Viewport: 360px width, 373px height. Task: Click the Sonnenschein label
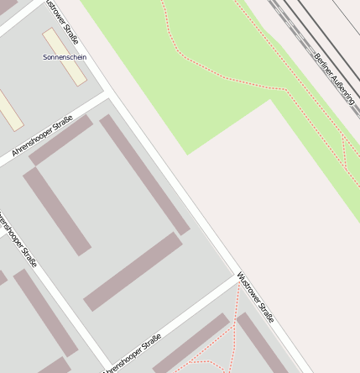pyautogui.click(x=65, y=57)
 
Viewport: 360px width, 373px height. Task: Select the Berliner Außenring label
pyautogui.click(x=334, y=79)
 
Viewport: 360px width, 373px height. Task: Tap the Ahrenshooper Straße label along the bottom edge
pyautogui.click(x=133, y=354)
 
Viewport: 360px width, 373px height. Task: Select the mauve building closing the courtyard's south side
pyautogui.click(x=133, y=271)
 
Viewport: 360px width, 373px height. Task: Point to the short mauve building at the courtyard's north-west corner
pyautogui.click(x=61, y=140)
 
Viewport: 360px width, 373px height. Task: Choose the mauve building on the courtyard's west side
pyautogui.click(x=57, y=211)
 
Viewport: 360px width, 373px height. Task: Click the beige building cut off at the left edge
pyautogui.click(x=9, y=110)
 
